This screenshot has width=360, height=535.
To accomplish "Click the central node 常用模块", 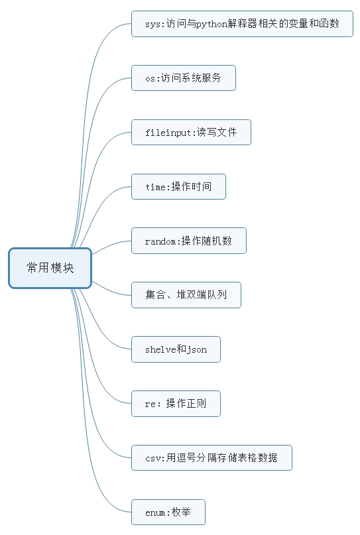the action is point(50,268).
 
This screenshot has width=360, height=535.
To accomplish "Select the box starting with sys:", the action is point(242,24).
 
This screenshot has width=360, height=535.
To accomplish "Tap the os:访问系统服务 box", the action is point(184,78).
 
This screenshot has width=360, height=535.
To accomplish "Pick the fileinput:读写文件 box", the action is point(191,133).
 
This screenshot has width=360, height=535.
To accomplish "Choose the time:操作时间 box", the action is point(178,187).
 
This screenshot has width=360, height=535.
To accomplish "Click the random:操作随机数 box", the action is point(189,241).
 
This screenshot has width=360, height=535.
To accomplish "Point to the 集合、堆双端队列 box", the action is point(186,295).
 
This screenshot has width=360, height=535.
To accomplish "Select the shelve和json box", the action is point(176,349).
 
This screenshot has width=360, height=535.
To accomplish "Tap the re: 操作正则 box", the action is point(176,404).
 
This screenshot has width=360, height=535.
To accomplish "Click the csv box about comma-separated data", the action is point(211,458).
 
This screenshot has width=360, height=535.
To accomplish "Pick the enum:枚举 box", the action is point(168,512).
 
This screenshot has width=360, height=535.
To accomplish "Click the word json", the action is point(197,350).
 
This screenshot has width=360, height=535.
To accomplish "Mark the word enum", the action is point(155,513).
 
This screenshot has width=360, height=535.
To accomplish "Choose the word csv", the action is point(152,459).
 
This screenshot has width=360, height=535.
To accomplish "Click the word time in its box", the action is point(155,187).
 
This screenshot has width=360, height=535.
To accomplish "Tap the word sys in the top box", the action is point(152,25).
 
